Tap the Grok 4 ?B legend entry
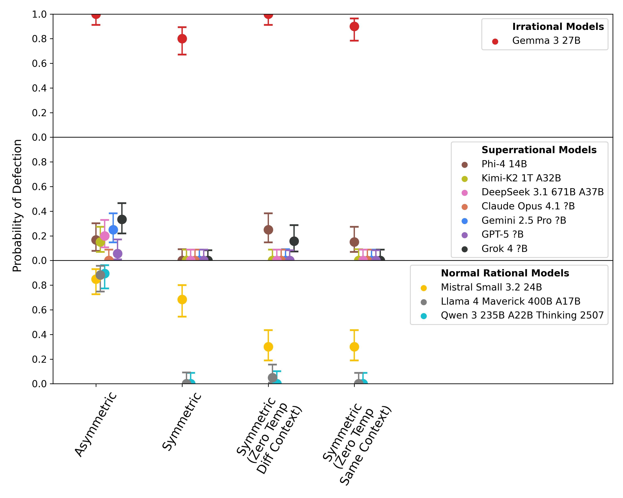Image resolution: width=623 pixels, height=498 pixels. pos(504,249)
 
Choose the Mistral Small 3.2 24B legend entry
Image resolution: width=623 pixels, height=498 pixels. pos(491,287)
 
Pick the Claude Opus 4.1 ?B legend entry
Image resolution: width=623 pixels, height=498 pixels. pos(528,206)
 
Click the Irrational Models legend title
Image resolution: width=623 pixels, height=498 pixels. pos(558,27)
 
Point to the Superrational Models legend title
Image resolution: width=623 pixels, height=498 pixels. pos(539,150)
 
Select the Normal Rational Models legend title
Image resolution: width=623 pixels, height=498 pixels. pos(505,273)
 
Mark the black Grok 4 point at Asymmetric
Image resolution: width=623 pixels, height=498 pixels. pos(122,219)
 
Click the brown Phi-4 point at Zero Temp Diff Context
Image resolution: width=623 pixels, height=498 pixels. pos(268,230)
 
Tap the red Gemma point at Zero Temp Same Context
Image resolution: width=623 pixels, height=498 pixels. pos(354,27)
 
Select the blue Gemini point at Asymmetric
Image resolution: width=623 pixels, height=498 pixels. pos(113,230)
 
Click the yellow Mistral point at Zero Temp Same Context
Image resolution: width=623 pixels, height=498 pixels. pos(354,347)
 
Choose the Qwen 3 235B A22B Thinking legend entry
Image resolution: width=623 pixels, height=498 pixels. pos(522,315)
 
